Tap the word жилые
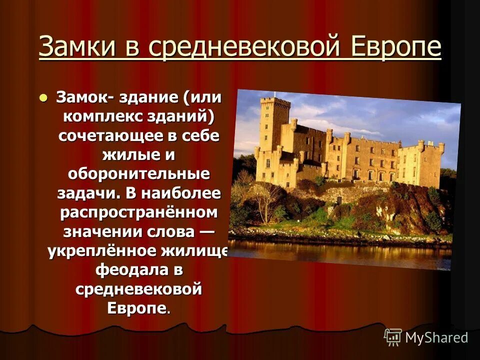[127, 155]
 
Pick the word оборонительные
[138, 174]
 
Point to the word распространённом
[139, 212]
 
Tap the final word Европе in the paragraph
[136, 307]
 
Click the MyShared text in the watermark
[436, 337]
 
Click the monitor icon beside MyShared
[393, 336]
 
